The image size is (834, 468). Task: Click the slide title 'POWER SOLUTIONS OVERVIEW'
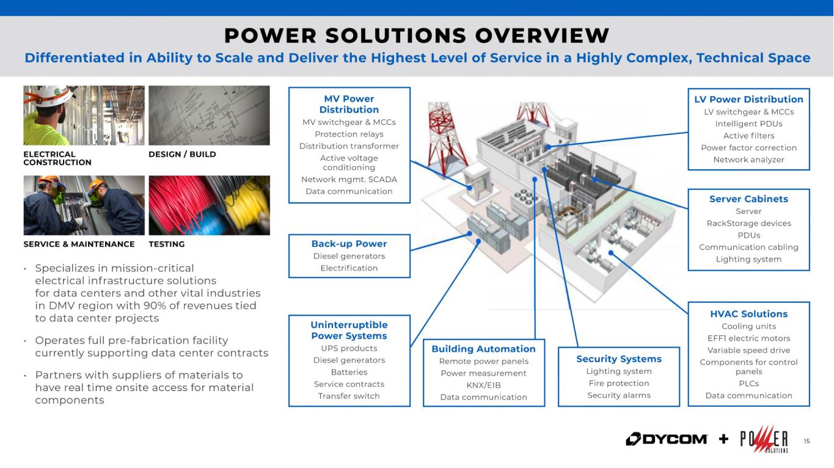pos(417,36)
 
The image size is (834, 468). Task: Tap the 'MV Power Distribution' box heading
pos(349,104)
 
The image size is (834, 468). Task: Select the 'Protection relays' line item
pos(349,134)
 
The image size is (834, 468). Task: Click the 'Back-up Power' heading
pos(349,244)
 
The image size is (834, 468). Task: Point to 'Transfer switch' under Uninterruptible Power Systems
pos(349,396)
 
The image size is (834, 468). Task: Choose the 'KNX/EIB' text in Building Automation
pos(484,385)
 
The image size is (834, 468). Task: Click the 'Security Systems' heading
pos(619,359)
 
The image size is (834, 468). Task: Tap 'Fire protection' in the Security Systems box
pos(619,383)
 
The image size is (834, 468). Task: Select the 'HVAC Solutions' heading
pos(748,314)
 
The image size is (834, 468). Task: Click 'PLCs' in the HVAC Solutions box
pos(748,384)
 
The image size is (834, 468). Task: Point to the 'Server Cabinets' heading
pos(748,199)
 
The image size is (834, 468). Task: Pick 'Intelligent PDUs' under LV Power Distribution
pos(748,123)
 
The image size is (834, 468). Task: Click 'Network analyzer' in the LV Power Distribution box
pos(748,159)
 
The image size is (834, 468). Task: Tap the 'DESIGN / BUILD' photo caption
pos(182,154)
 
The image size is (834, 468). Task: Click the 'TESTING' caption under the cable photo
pos(166,244)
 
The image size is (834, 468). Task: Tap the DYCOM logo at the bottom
pos(667,439)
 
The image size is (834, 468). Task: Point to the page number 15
pos(807,441)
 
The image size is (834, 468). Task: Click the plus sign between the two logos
pos(723,439)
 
